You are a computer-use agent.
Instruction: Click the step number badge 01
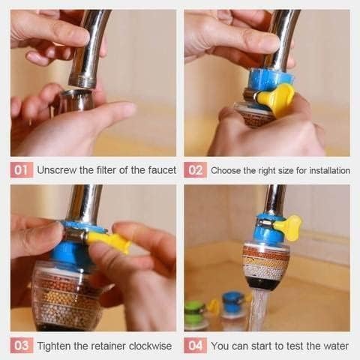click(x=22, y=169)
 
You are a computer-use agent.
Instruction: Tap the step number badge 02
click(x=195, y=169)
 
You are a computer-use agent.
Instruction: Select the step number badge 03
click(x=22, y=345)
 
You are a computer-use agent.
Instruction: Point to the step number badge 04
click(x=195, y=345)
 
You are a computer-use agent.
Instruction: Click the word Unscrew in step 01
click(x=57, y=169)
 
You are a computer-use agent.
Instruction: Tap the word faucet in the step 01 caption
click(x=158, y=169)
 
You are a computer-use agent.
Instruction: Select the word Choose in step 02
click(x=226, y=170)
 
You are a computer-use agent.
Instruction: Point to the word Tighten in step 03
click(x=56, y=346)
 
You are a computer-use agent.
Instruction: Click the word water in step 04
click(x=334, y=346)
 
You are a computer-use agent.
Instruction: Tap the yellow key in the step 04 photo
click(x=288, y=226)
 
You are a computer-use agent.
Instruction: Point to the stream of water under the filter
click(x=259, y=311)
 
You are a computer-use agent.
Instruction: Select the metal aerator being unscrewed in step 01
click(x=76, y=100)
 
